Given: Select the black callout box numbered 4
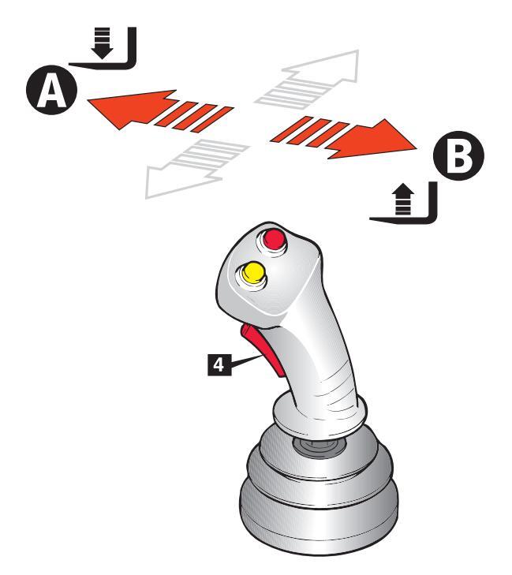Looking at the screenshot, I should (223, 365).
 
